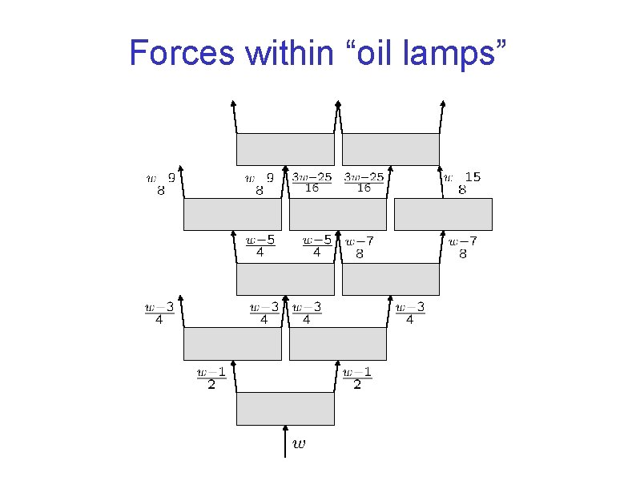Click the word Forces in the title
coord(182,54)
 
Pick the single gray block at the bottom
coord(285,408)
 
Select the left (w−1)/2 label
coord(211,378)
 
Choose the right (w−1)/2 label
coord(357,378)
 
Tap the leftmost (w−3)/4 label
coord(159,313)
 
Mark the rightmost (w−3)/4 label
coord(409,313)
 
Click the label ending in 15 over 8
coord(462,184)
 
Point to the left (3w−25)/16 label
coord(312,182)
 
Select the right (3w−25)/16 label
coord(364,182)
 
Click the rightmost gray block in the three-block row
coord(443,214)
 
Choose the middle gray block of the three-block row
coord(337,214)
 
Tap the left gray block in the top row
coord(285,149)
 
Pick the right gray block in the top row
coord(391,149)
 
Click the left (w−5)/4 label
coord(260,246)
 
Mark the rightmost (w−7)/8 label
coord(462,248)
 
